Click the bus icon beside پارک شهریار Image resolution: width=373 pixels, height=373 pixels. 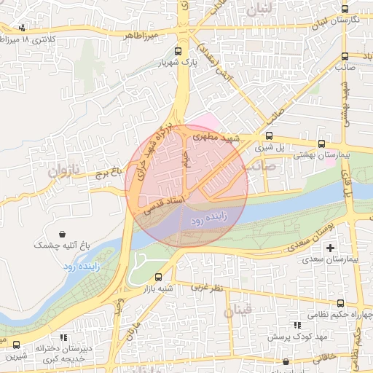pyautogui.click(x=179, y=52)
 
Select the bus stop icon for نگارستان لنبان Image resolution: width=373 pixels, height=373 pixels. pyautogui.click(x=345, y=9)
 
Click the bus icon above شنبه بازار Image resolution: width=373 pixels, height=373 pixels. pyautogui.click(x=159, y=277)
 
